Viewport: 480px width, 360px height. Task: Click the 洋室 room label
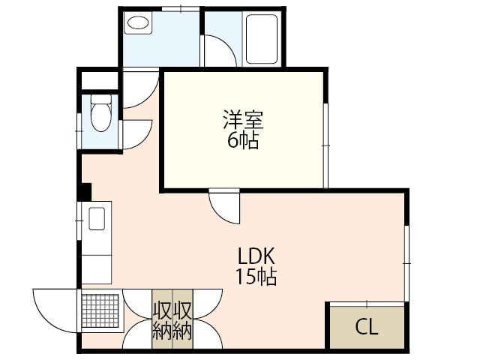tap(243, 120)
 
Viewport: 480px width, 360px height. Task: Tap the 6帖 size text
tap(243, 140)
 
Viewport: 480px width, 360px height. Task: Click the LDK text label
tap(256, 255)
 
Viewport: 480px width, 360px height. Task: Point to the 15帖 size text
tap(256, 277)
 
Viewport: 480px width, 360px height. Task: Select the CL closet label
tap(367, 328)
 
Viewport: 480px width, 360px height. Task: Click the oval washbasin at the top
tap(138, 23)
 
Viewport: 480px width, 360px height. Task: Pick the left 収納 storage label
tap(161, 319)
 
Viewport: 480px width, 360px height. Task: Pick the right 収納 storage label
tap(182, 319)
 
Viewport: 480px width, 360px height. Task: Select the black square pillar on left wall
tap(84, 192)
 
